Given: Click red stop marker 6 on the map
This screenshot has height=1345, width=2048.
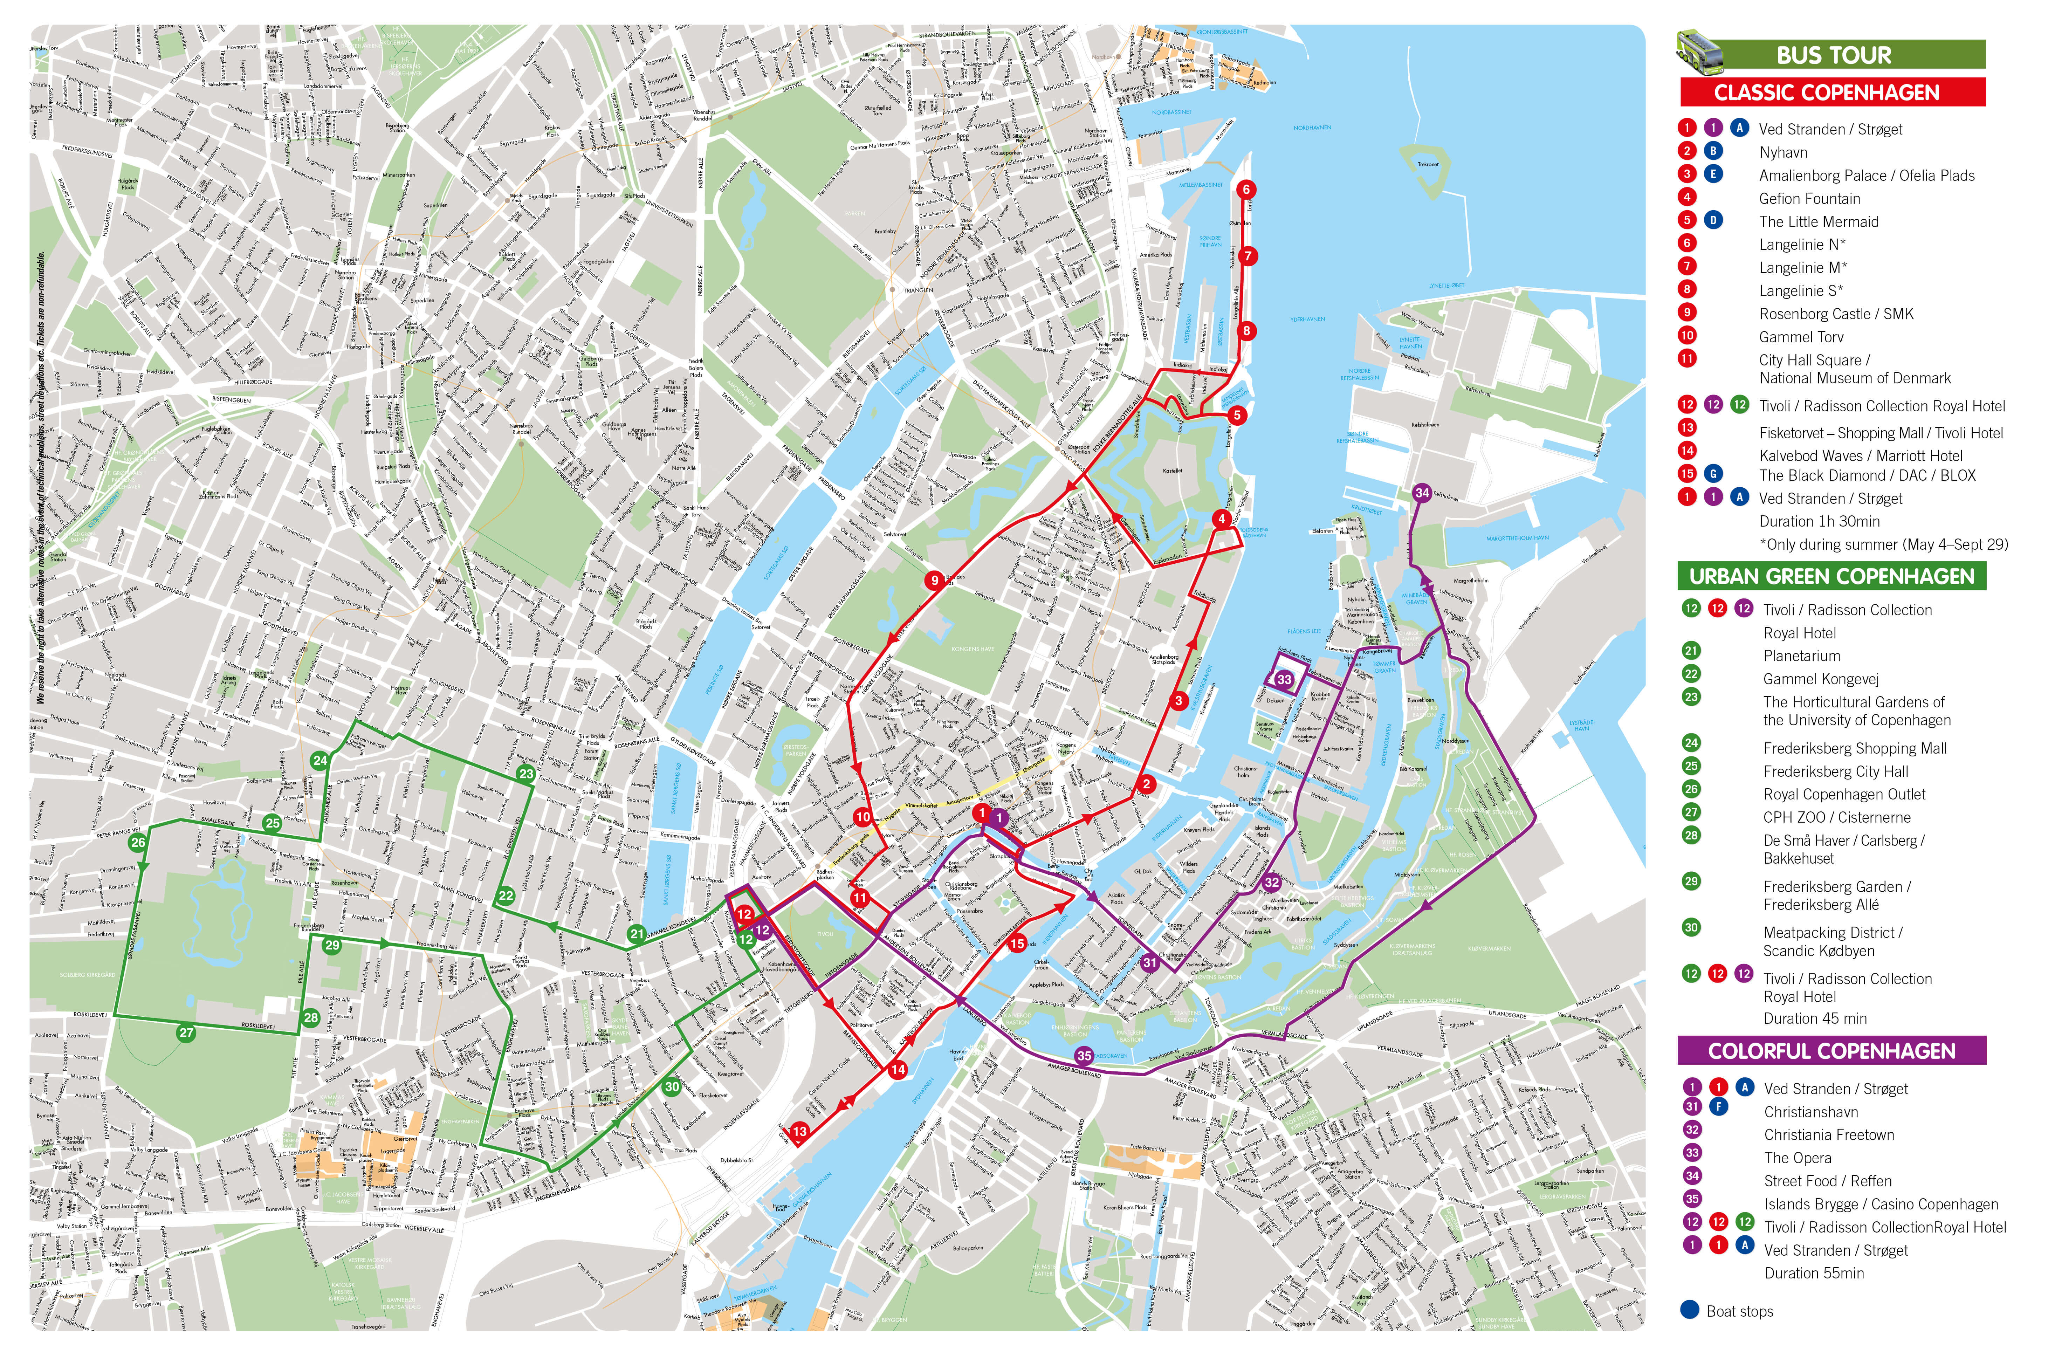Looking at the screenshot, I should click(1245, 189).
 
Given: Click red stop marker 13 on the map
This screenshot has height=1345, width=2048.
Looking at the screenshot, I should click(799, 1132).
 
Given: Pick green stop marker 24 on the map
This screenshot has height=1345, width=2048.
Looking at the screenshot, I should click(320, 761).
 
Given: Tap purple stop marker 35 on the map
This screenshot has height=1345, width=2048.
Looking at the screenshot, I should click(1084, 1056).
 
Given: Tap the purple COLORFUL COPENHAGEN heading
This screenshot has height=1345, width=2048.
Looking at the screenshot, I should click(1831, 1051).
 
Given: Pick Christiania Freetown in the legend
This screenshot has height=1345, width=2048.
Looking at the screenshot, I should click(1829, 1135).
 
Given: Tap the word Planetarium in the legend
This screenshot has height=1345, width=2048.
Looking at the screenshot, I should click(1802, 656).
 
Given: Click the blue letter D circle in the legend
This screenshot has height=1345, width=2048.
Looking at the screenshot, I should click(1713, 220).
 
